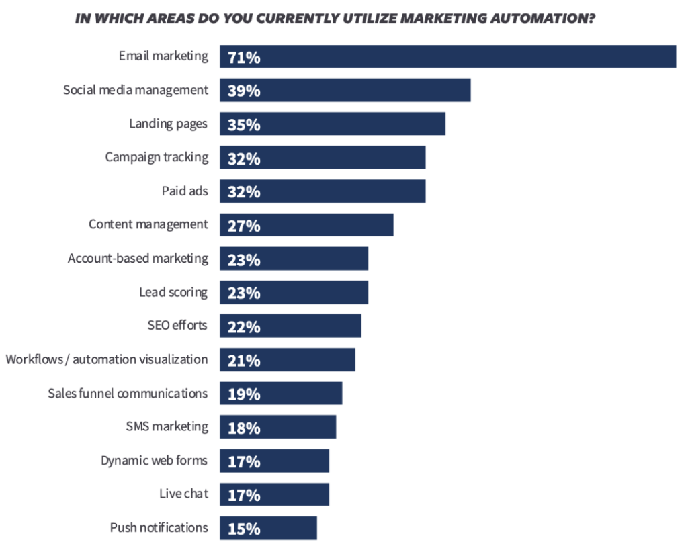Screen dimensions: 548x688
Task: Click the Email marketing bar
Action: pyautogui.click(x=447, y=56)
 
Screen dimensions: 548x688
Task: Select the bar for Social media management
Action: pyautogui.click(x=345, y=90)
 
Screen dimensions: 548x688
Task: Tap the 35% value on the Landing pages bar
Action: pyautogui.click(x=244, y=124)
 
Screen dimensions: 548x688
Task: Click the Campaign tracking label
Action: pyautogui.click(x=157, y=157)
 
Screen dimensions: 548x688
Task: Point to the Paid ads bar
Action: pyautogui.click(x=322, y=191)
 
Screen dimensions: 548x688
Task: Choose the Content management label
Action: pyautogui.click(x=148, y=224)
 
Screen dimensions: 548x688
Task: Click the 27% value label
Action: pyautogui.click(x=244, y=226)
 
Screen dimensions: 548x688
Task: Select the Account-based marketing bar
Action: pyautogui.click(x=294, y=259)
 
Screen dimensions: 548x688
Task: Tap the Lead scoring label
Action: pyautogui.click(x=173, y=292)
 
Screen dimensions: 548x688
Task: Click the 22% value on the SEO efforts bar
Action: pyautogui.click(x=244, y=326)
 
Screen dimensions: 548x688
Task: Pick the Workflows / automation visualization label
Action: pyautogui.click(x=107, y=359)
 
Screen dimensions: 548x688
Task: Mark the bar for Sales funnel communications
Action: pyautogui.click(x=281, y=394)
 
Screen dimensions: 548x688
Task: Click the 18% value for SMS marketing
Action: pyautogui.click(x=244, y=427)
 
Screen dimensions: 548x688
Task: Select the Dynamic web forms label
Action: pyautogui.click(x=154, y=461)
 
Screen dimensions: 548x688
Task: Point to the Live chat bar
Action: pyautogui.click(x=274, y=494)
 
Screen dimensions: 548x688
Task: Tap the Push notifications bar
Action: pyautogui.click(x=268, y=528)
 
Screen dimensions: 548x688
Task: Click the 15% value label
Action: pyautogui.click(x=244, y=529)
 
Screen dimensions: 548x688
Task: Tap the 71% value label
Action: pyautogui.click(x=244, y=57)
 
